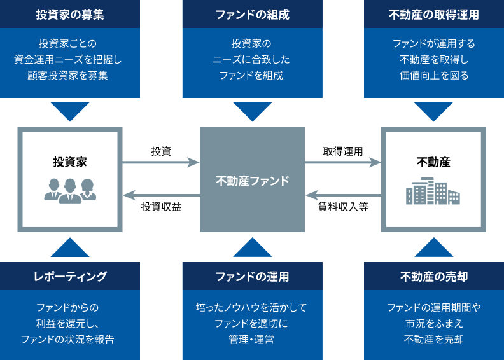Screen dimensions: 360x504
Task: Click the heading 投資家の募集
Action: (70, 15)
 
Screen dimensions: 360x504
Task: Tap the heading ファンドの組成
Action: (252, 15)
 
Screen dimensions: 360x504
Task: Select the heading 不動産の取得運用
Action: (433, 15)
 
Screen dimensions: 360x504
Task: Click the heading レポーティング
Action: (70, 277)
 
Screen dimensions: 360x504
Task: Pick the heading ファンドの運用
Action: (252, 277)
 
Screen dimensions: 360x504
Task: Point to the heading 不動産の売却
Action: (433, 277)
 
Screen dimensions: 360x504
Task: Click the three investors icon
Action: (70, 190)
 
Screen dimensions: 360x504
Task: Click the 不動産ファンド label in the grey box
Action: (252, 181)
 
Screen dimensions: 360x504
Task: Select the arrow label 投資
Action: (160, 151)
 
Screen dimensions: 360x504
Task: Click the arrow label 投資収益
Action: (161, 207)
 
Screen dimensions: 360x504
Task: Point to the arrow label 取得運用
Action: (342, 151)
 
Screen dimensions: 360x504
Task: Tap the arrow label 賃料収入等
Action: (343, 207)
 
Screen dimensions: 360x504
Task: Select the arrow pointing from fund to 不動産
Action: (342, 163)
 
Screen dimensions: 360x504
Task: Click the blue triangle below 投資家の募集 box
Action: (70, 111)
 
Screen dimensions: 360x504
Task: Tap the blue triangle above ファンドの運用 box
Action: (252, 247)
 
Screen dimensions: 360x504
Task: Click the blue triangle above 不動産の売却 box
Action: (433, 247)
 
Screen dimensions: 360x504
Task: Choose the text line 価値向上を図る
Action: (433, 76)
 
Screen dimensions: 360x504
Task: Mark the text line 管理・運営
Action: (252, 339)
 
